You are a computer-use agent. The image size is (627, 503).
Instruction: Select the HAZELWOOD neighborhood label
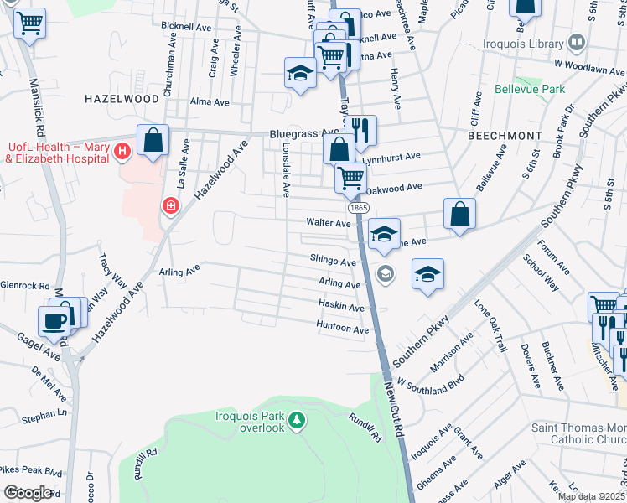click(122, 99)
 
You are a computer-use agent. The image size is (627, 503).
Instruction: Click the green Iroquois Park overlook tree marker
click(296, 418)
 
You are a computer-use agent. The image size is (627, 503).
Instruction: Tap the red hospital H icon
click(122, 152)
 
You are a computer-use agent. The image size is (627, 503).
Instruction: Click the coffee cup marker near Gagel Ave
click(55, 321)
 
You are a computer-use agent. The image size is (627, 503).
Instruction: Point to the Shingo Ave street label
click(333, 262)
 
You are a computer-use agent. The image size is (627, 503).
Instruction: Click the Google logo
click(28, 493)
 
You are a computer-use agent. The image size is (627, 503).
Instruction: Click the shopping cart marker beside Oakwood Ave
click(350, 177)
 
